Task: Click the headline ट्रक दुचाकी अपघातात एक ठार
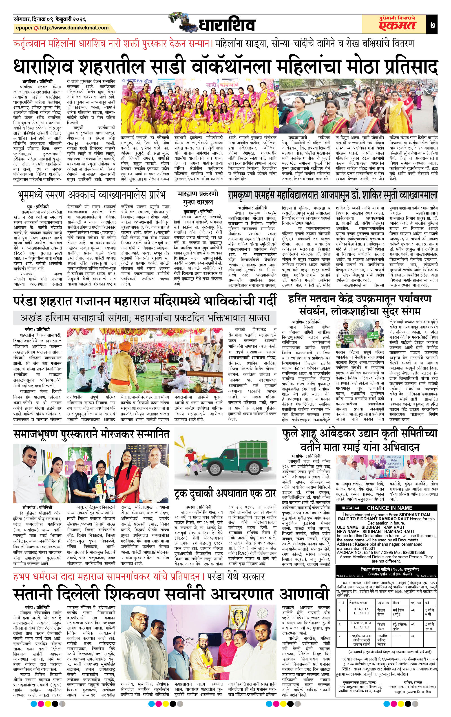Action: (225, 494)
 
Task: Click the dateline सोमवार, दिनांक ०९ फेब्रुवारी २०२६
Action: (50, 19)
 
